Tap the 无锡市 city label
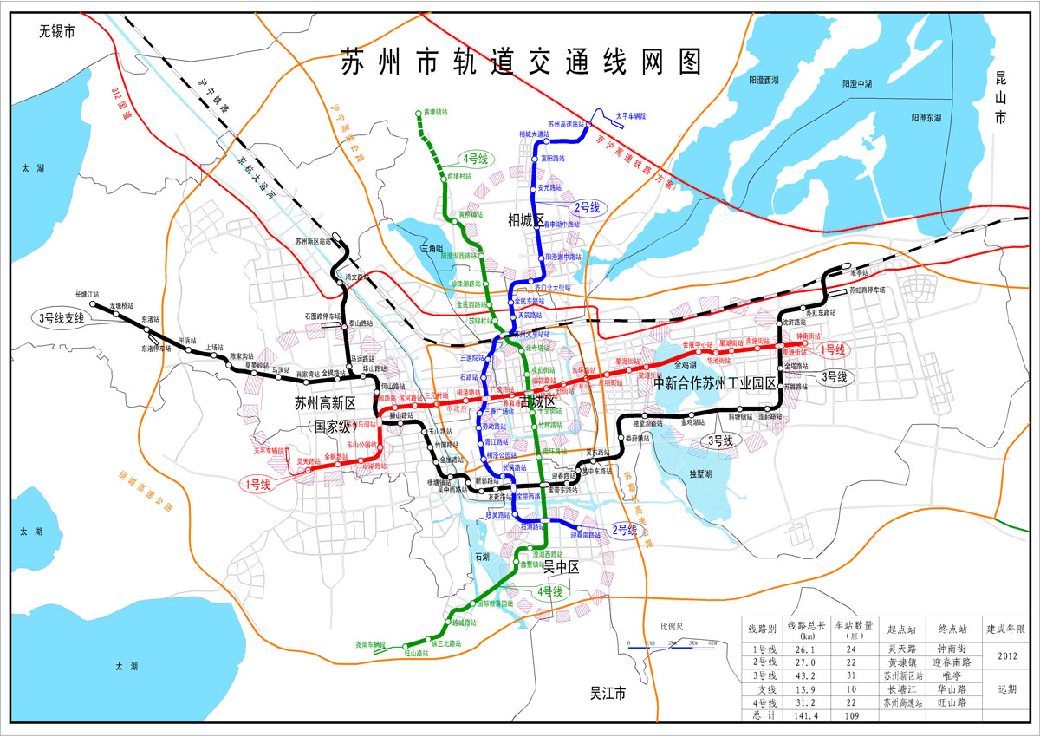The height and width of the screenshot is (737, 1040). pyautogui.click(x=57, y=33)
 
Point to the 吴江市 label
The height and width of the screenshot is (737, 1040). pyautogui.click(x=607, y=695)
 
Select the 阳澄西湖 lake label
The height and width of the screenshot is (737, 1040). pyautogui.click(x=763, y=80)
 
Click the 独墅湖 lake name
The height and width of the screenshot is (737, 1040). pyautogui.click(x=699, y=475)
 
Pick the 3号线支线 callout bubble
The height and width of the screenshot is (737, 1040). pyautogui.click(x=61, y=318)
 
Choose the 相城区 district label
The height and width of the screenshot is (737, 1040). pyautogui.click(x=525, y=222)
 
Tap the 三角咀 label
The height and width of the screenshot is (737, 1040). pyautogui.click(x=431, y=249)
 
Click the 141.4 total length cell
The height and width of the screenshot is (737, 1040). pyautogui.click(x=803, y=715)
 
